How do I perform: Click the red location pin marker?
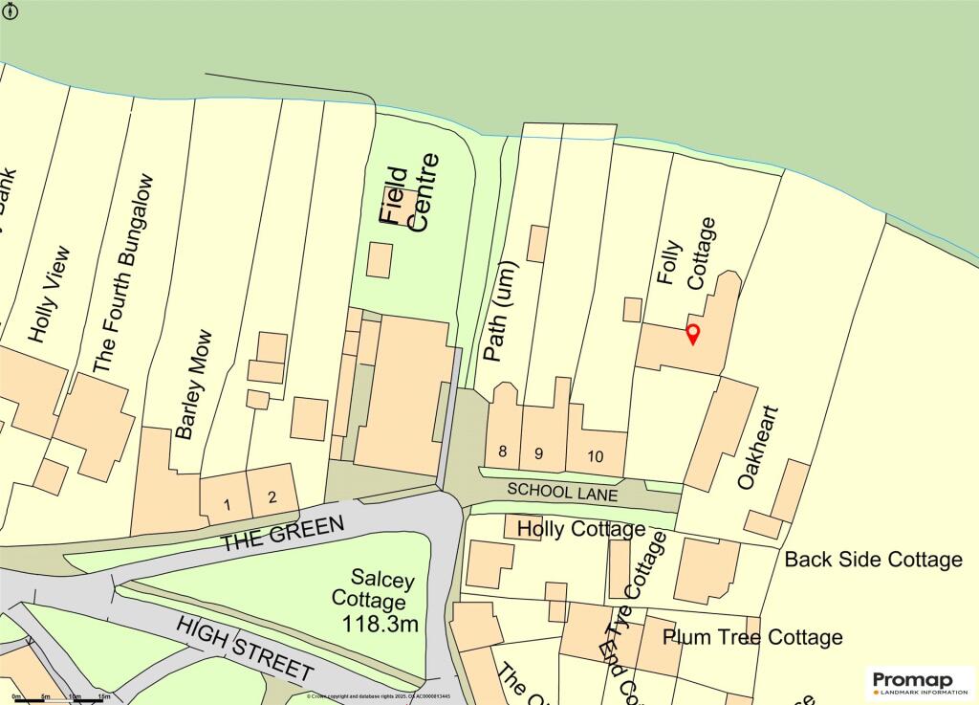(694, 334)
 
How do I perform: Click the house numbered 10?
(595, 456)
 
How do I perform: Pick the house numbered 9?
(539, 452)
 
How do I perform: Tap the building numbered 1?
(228, 503)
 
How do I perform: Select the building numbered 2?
(272, 496)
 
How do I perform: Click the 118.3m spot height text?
(381, 625)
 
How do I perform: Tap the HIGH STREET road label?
(246, 649)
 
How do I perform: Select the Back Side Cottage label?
(873, 560)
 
